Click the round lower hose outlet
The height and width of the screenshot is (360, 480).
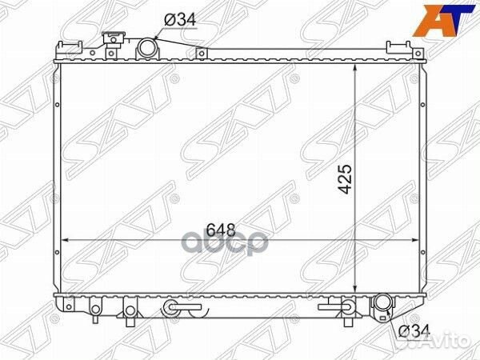[383, 305]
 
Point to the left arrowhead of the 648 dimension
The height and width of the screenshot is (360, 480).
[66, 238]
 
